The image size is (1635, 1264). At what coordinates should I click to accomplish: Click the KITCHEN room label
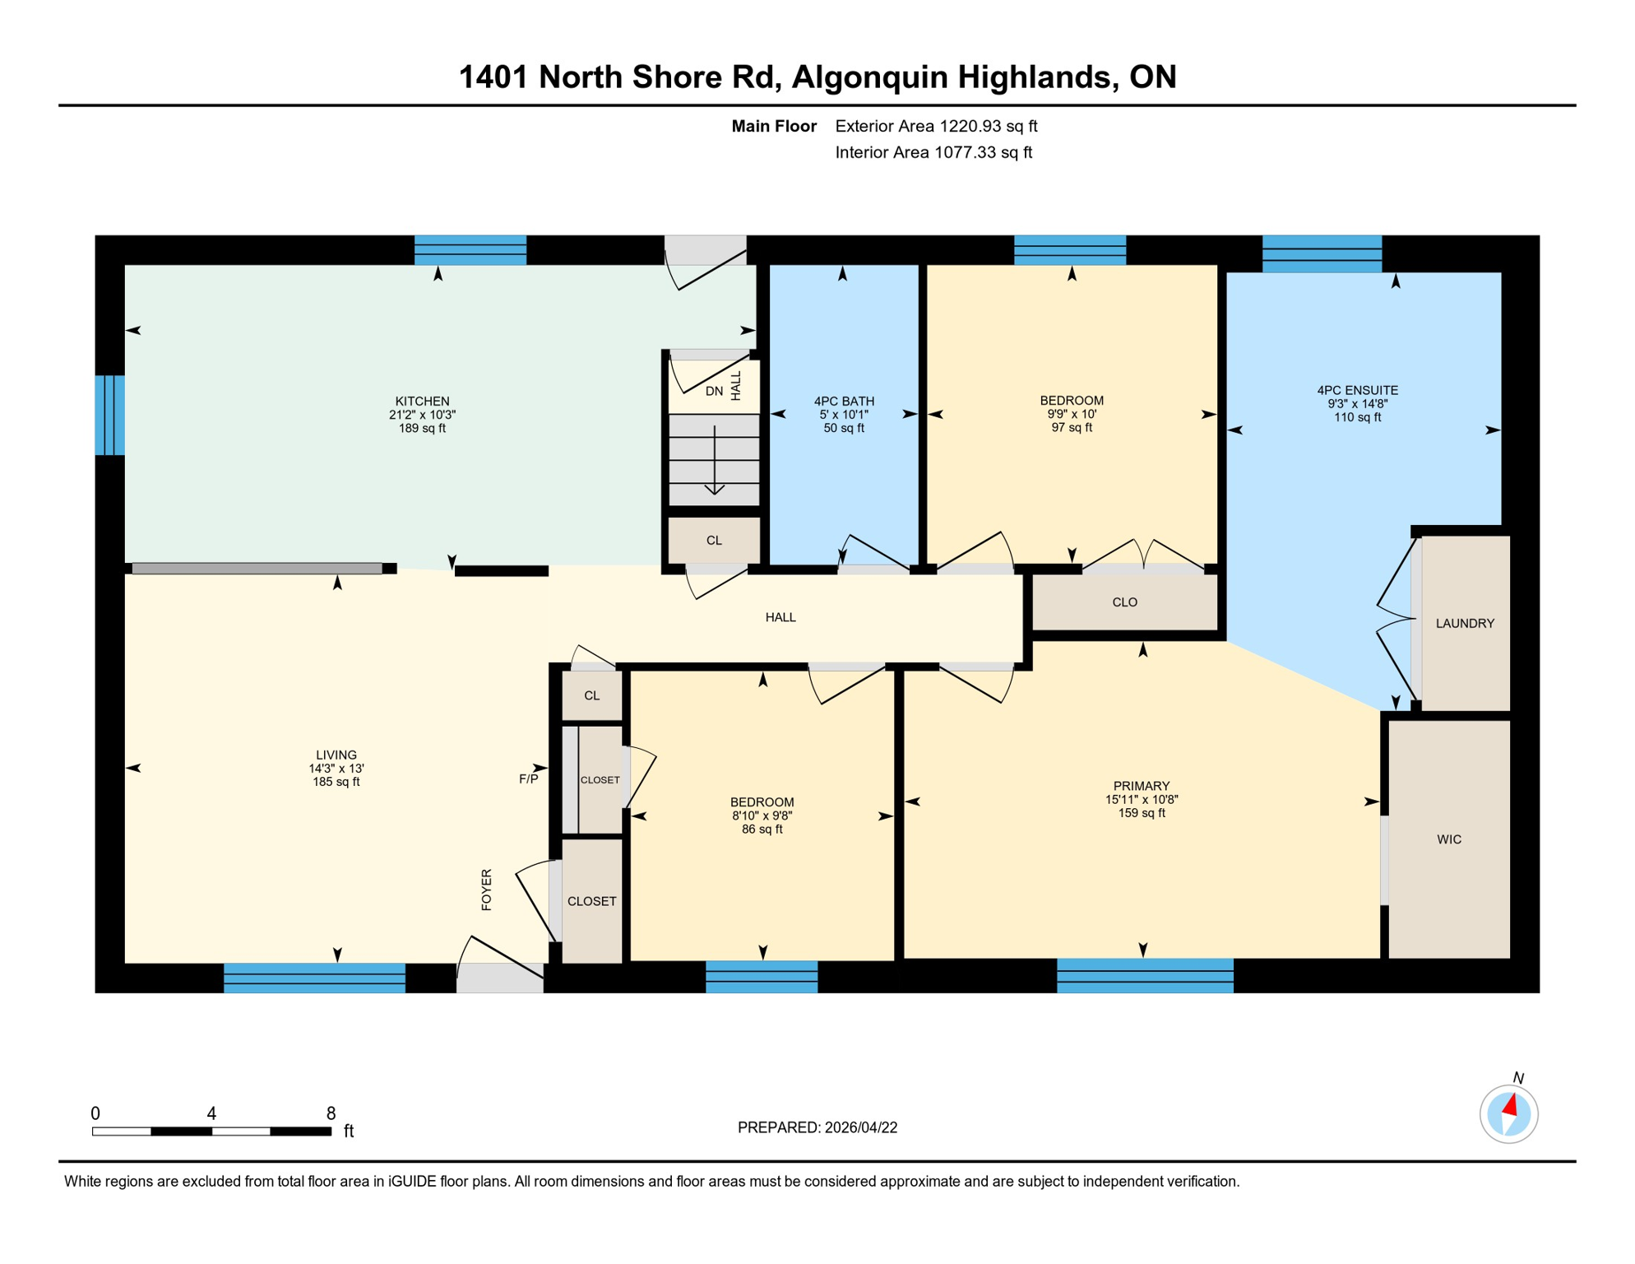click(422, 402)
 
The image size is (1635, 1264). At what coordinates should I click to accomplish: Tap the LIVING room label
click(336, 755)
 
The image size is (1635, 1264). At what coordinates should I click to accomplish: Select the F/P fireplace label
click(528, 778)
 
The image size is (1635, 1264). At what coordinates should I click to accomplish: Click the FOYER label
click(486, 889)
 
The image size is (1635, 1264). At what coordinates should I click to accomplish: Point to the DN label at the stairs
click(714, 392)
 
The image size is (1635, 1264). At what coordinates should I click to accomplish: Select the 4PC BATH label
click(844, 402)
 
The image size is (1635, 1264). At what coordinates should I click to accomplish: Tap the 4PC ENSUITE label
click(1357, 390)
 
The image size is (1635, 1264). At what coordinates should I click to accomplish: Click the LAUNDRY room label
click(1465, 624)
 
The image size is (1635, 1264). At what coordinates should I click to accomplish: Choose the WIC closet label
click(1449, 839)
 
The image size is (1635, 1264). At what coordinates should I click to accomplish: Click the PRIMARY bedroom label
click(1142, 786)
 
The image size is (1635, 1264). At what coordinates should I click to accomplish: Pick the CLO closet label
click(1124, 602)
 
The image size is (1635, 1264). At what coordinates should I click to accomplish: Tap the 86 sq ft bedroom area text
click(762, 829)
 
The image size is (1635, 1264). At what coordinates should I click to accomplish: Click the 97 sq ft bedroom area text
click(1072, 428)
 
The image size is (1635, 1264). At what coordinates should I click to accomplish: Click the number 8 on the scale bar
click(331, 1113)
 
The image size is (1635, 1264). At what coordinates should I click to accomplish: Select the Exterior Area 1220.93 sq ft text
click(936, 126)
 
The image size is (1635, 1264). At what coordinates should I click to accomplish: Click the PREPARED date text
click(817, 1127)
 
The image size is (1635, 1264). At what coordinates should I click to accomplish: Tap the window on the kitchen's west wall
click(109, 415)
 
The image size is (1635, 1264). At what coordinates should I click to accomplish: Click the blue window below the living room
click(314, 978)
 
